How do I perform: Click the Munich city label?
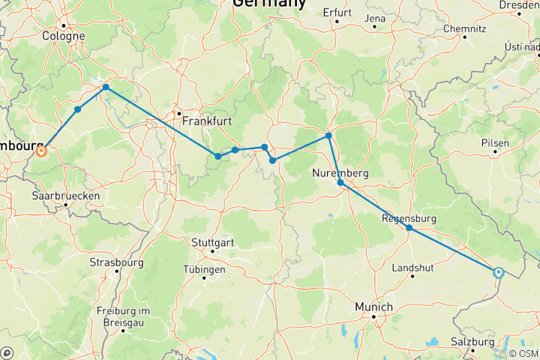point(373,307)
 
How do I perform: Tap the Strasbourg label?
point(117,262)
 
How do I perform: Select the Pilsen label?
point(496,143)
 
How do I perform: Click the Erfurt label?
point(337,13)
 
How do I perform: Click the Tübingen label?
point(203,269)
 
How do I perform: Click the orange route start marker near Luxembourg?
point(41,151)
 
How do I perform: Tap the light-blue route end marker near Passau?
point(498,273)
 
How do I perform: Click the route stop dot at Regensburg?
point(409,228)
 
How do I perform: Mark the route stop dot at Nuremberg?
point(340,183)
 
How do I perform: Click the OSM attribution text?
point(526,353)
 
